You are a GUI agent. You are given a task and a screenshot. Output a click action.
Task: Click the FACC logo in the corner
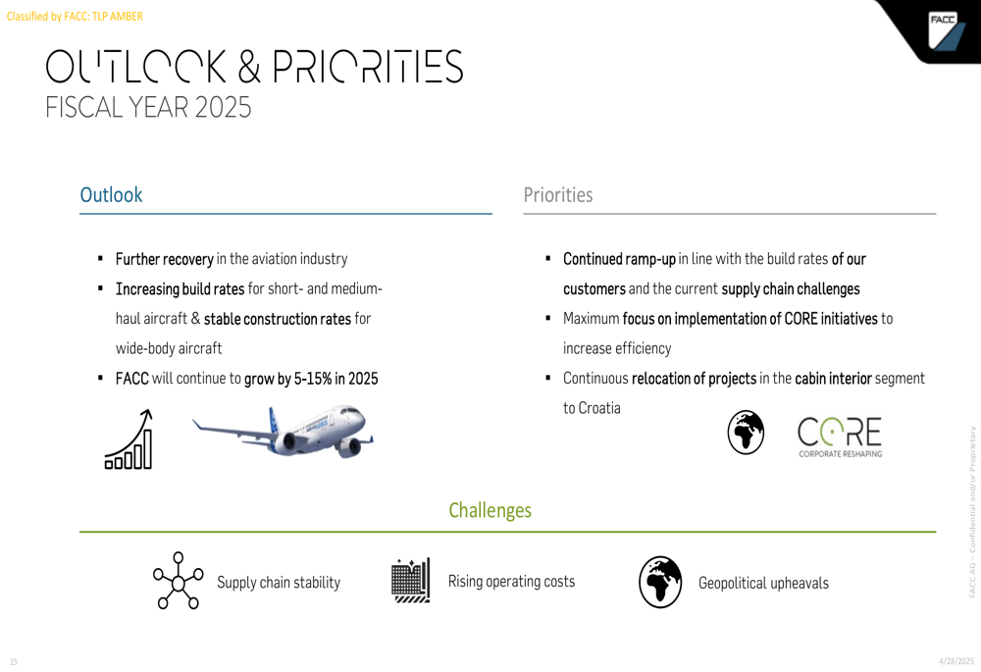947,30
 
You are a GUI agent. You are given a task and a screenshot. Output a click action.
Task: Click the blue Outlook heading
112,194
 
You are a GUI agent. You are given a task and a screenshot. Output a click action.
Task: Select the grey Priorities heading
558,194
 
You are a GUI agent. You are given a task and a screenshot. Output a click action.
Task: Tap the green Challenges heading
490,510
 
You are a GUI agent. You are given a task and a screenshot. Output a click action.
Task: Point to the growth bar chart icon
129,439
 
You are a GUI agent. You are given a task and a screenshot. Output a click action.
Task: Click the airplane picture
283,430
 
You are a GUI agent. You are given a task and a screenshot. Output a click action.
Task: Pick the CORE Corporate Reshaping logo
840,437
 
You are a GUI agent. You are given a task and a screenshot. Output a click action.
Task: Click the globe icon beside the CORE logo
746,433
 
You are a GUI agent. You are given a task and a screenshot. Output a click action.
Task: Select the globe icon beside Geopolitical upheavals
660,582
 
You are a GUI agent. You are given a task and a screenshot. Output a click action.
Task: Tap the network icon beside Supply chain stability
179,581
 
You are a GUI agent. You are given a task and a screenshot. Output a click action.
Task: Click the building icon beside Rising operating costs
410,580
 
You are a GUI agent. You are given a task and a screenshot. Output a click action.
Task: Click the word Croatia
599,408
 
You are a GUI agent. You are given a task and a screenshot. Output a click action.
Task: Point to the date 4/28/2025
956,661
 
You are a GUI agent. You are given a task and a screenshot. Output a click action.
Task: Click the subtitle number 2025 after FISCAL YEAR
223,107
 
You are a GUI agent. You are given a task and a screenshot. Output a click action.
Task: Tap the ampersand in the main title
249,67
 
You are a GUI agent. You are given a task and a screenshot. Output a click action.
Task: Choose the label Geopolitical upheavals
763,583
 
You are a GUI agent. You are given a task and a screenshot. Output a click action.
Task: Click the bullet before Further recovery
100,258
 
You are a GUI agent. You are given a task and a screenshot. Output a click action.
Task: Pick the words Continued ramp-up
619,259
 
